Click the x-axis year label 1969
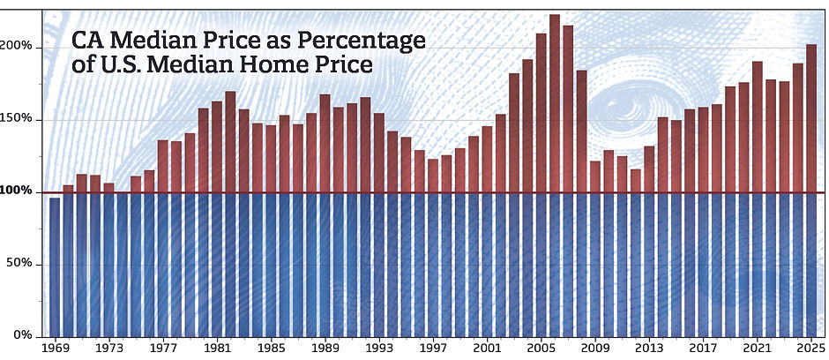pyautogui.click(x=55, y=349)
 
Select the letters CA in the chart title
pyautogui.click(x=86, y=41)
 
